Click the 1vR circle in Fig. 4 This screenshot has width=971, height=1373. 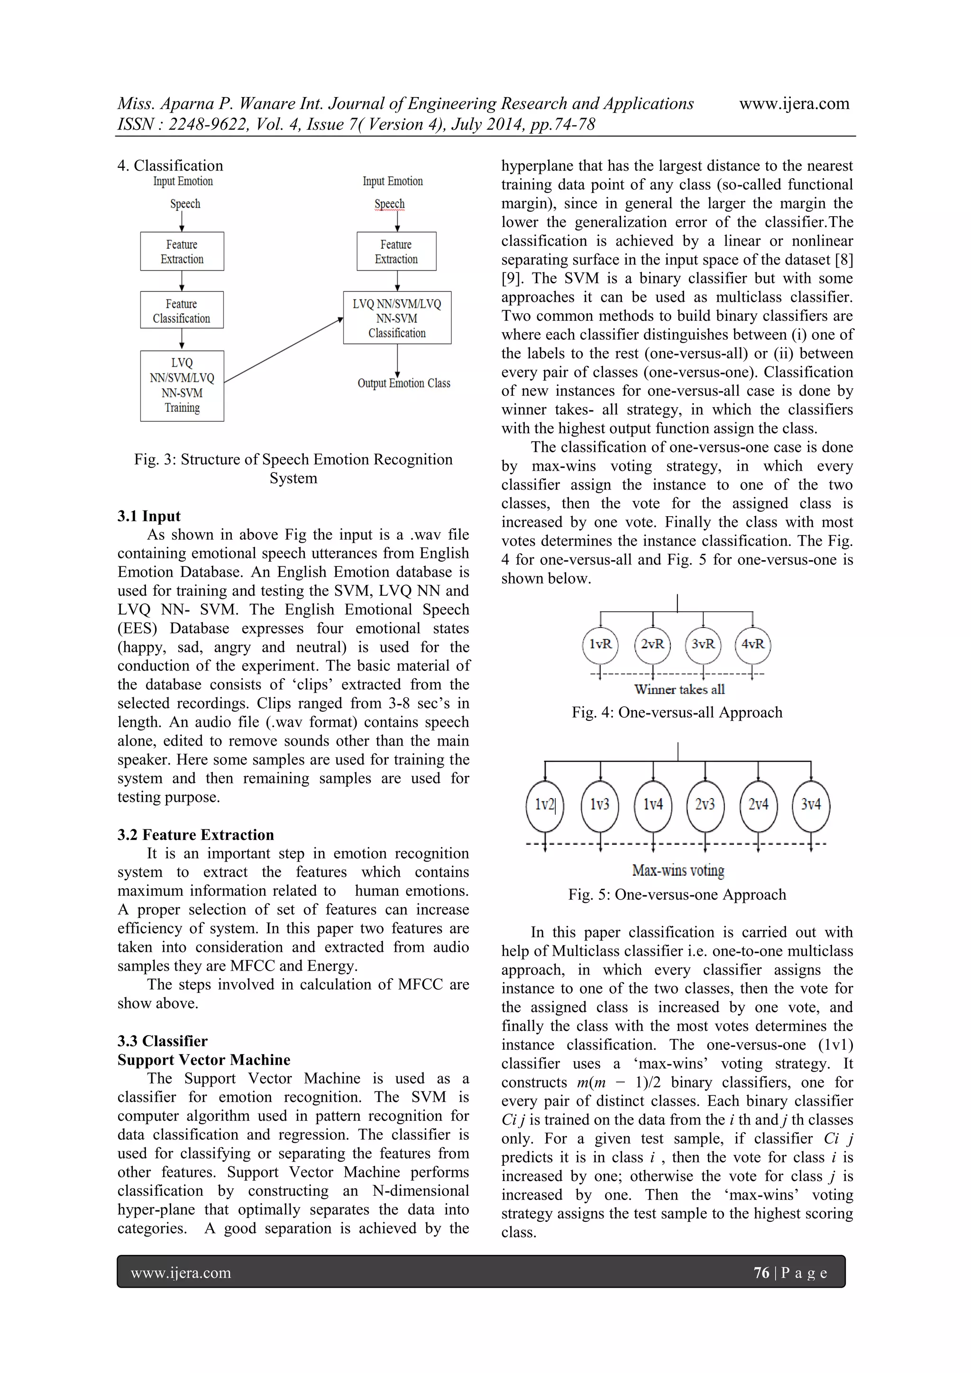(600, 645)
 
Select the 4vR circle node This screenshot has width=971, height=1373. (752, 645)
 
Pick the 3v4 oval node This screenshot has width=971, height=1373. (810, 805)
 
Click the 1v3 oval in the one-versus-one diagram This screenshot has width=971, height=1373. (599, 805)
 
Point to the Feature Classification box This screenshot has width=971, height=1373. (182, 310)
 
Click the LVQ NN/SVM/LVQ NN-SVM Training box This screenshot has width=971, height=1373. (182, 386)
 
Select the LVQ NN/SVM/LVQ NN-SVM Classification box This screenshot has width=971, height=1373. (397, 318)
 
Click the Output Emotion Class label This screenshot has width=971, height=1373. (404, 383)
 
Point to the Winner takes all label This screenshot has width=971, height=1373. (679, 690)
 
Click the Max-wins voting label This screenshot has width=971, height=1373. (678, 871)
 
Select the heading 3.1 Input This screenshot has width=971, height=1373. (149, 516)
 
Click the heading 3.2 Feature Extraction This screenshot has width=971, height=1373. (196, 835)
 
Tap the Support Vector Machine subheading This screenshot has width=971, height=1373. (203, 1060)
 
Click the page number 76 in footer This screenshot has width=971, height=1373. (761, 1273)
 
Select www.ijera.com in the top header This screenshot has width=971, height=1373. (794, 104)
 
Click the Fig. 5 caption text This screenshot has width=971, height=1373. (677, 895)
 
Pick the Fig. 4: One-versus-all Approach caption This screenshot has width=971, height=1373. (677, 713)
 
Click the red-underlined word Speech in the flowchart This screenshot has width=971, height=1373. (389, 204)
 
